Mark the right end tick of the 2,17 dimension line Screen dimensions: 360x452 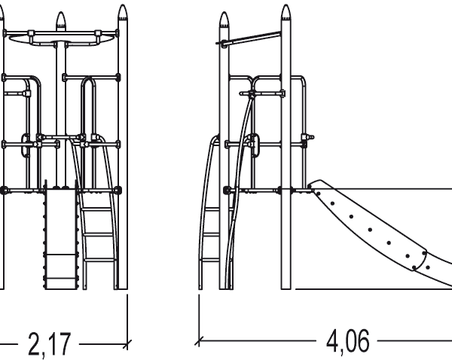[x=127, y=343]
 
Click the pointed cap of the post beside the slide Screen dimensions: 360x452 [x=286, y=14]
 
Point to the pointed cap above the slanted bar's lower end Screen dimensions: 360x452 [x=223, y=21]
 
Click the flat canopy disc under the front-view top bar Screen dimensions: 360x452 [x=63, y=41]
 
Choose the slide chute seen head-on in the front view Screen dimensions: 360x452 [x=60, y=237]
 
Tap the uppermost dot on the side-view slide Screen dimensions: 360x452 [x=319, y=192]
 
